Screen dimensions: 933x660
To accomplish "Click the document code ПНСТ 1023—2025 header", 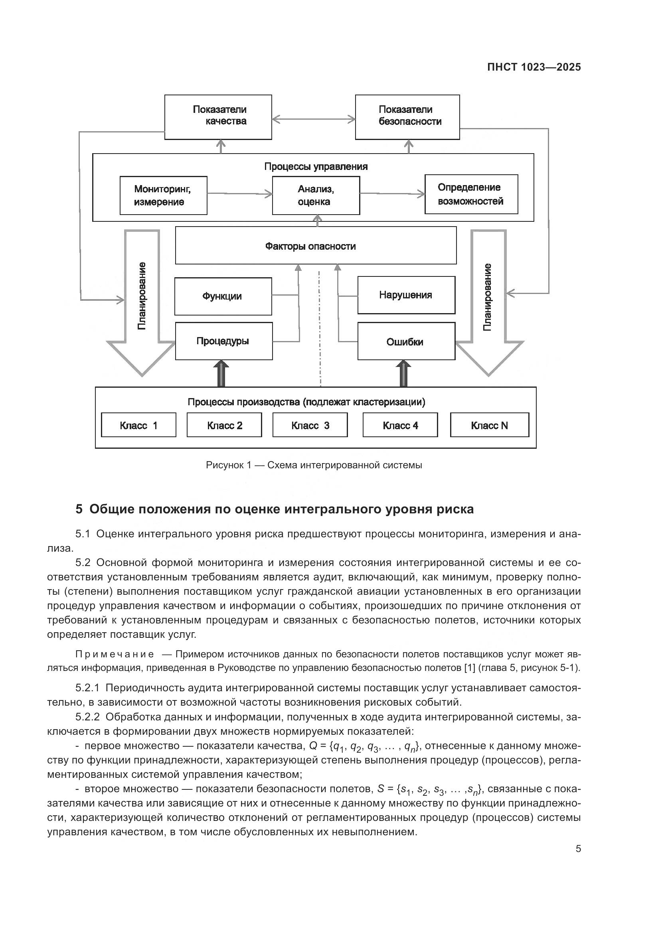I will tap(534, 67).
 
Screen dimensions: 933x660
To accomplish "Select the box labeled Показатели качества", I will tap(218, 117).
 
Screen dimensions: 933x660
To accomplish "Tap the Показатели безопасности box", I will tap(407, 117).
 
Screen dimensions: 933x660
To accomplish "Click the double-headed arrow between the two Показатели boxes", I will tap(313, 119).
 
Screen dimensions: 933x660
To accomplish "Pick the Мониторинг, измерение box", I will tap(163, 195).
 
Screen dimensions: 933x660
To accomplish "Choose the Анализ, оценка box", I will tap(316, 195).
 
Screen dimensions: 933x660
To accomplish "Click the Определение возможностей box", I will tap(471, 194).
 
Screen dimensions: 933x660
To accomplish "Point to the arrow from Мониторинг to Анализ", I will tap(239, 194).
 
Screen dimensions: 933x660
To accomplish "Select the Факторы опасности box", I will tap(315, 245).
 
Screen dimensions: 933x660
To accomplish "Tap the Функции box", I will tap(223, 296).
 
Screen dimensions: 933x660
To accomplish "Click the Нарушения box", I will tap(406, 295).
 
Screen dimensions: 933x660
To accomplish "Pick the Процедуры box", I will tap(223, 341).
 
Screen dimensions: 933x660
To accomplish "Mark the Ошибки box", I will tap(406, 341).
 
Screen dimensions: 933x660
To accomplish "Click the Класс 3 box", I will tap(310, 425).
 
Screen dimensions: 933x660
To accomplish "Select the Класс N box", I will tap(489, 425).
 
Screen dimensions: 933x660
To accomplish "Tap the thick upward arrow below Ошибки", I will tap(403, 374).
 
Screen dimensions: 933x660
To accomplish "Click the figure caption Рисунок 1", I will tap(313, 465).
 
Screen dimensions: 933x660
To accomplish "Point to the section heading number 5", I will tap(79, 509).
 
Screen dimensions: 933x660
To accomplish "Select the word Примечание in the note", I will tap(115, 654).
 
